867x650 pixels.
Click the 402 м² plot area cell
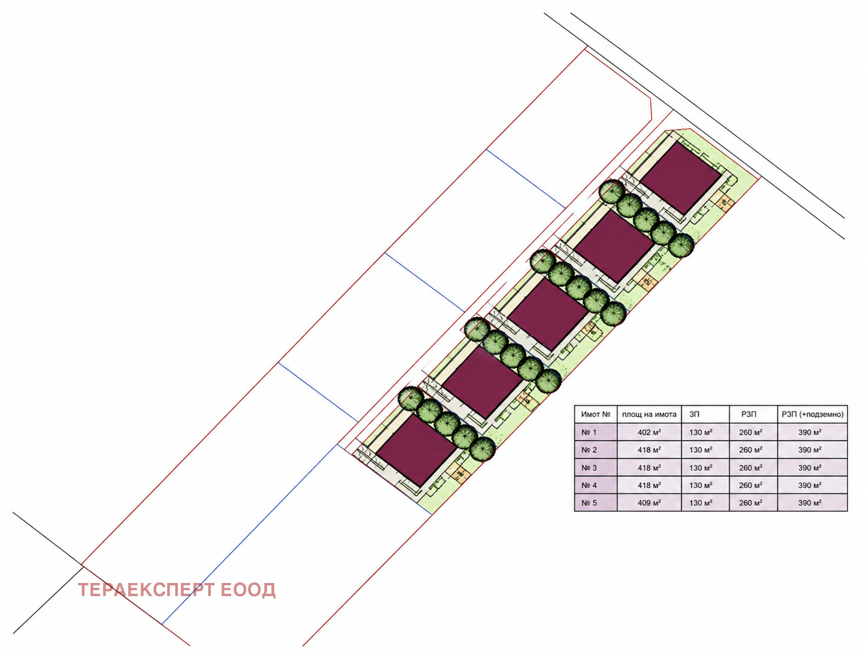click(649, 433)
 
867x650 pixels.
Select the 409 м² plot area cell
click(649, 503)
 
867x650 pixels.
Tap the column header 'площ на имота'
click(649, 414)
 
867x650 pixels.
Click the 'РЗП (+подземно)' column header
click(813, 414)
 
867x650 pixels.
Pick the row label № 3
click(589, 468)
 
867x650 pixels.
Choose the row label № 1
click(589, 433)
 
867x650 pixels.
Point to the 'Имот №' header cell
click(596, 414)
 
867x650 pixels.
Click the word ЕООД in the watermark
click(248, 590)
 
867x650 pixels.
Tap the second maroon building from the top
click(614, 246)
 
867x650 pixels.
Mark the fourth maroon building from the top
click(483, 382)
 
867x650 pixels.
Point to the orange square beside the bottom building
click(460, 473)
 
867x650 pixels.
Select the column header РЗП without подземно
click(749, 414)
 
